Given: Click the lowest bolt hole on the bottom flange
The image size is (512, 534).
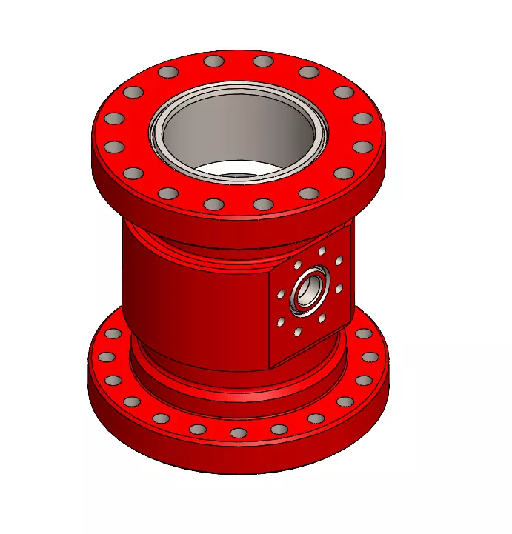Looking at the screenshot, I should point(239,433).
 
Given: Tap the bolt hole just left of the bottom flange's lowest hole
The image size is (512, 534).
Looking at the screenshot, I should point(197,429).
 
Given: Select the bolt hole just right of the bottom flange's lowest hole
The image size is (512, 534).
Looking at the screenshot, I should point(279,429).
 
